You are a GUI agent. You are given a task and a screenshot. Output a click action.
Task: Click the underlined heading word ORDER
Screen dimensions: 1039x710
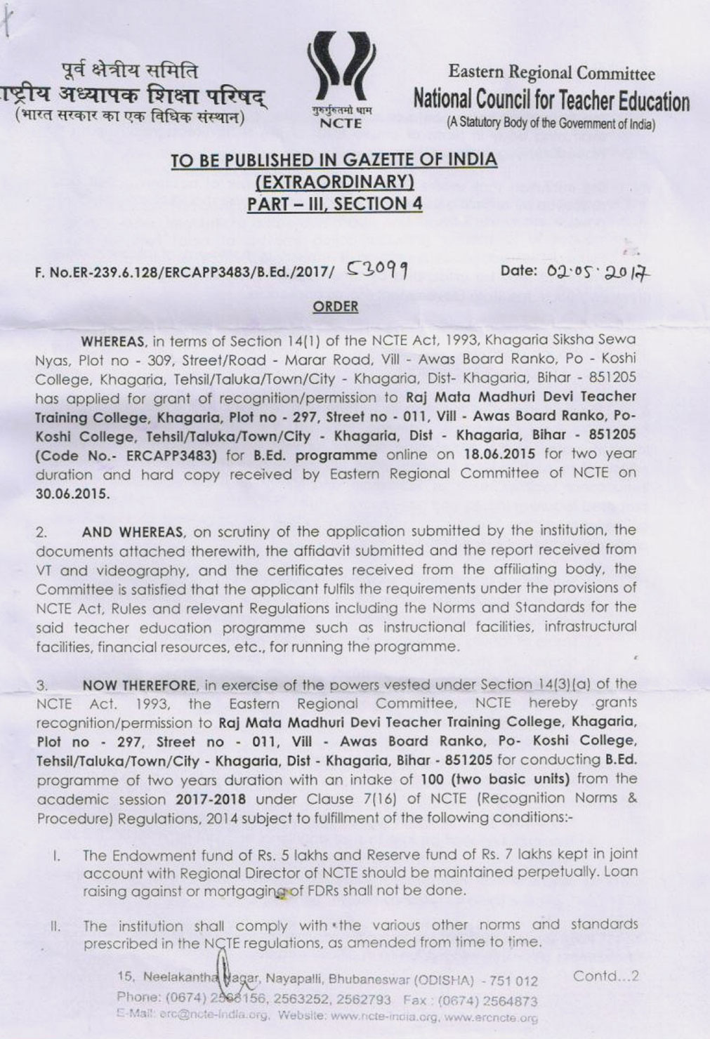coord(335,307)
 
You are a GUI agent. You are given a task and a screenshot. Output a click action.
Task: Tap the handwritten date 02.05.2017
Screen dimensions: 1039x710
coord(594,270)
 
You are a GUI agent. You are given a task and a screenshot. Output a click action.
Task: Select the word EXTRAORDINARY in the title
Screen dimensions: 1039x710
coord(334,183)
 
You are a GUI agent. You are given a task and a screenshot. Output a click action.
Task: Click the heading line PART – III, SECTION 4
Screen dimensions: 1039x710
coord(334,204)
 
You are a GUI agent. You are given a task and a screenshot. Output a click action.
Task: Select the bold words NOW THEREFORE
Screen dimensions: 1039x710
coord(139,684)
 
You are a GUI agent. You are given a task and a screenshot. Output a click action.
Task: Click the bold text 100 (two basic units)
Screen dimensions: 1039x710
coord(501,779)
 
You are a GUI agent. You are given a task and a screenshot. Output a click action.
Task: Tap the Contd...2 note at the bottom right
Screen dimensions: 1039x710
coord(605,977)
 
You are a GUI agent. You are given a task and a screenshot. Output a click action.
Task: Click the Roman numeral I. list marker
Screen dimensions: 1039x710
coord(55,856)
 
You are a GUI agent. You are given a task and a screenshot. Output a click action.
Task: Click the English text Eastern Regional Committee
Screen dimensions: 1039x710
coord(551,72)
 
